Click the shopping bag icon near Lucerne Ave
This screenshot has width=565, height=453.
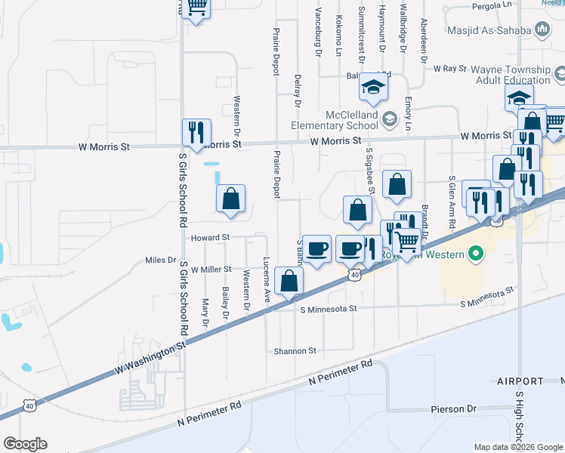coord(289,282)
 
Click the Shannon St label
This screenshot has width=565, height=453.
coord(295,351)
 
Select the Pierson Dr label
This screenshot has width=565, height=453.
coord(453,408)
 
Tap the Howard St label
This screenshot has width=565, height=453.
coord(209,237)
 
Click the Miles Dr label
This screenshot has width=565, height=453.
coord(160,260)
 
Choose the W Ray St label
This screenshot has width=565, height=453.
coord(450,68)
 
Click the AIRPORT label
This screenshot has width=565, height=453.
coord(520,381)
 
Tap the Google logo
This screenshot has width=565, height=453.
coord(25,444)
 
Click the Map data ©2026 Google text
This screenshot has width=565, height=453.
coord(517,447)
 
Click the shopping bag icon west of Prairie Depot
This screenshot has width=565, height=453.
coord(231,199)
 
